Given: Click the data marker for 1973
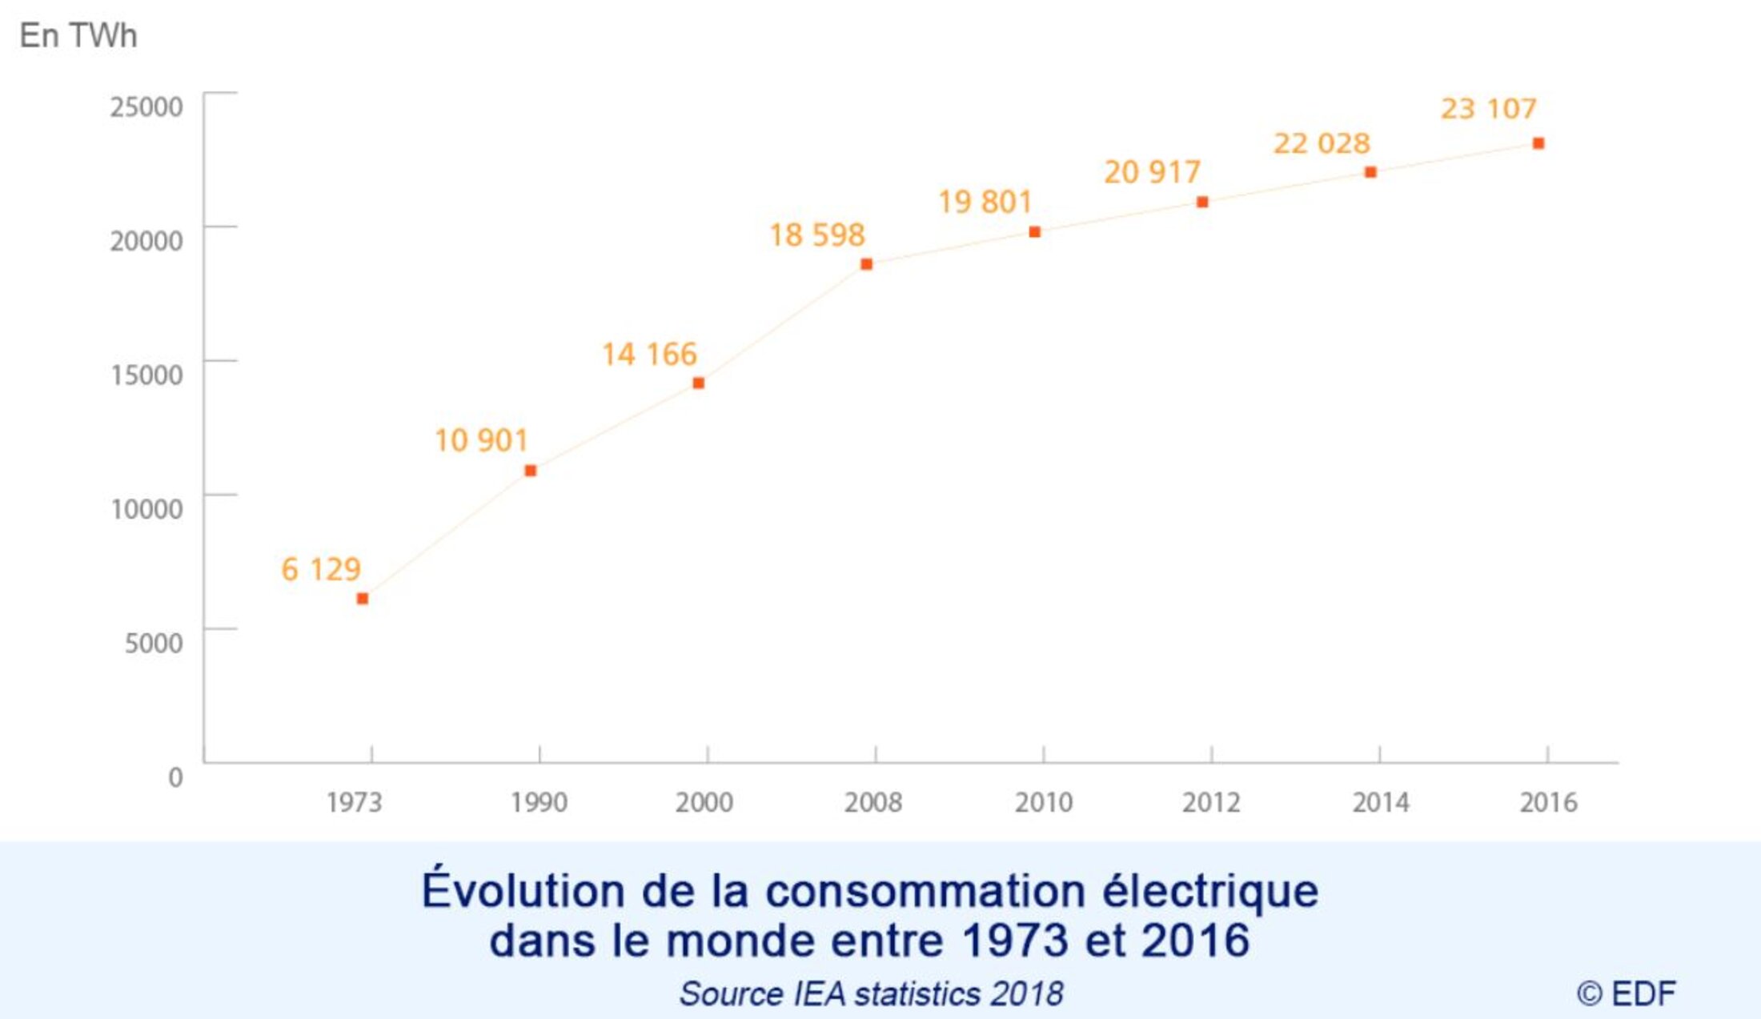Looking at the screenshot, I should [x=363, y=599].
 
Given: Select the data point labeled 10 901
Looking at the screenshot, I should [x=530, y=471].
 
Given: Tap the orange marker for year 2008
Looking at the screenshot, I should [x=866, y=264].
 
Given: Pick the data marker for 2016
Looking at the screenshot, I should [x=1538, y=143].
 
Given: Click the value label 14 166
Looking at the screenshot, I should [x=649, y=354].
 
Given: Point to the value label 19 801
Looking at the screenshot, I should [x=985, y=202].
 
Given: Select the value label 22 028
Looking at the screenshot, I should [x=1322, y=143].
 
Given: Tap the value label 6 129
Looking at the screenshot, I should [x=321, y=569].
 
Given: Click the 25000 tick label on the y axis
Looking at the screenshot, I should [x=146, y=106].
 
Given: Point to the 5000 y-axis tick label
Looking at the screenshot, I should [x=154, y=643].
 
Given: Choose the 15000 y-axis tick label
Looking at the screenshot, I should [x=146, y=375].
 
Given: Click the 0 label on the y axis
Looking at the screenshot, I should [x=175, y=777].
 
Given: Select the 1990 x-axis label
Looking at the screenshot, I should [x=539, y=802].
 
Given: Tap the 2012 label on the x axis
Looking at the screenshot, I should [x=1211, y=802].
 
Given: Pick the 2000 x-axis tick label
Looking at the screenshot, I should [x=704, y=802].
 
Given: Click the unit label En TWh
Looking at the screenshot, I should [x=78, y=36].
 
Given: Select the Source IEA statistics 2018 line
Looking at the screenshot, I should [x=871, y=993].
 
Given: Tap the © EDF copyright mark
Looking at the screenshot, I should [x=1626, y=993].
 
